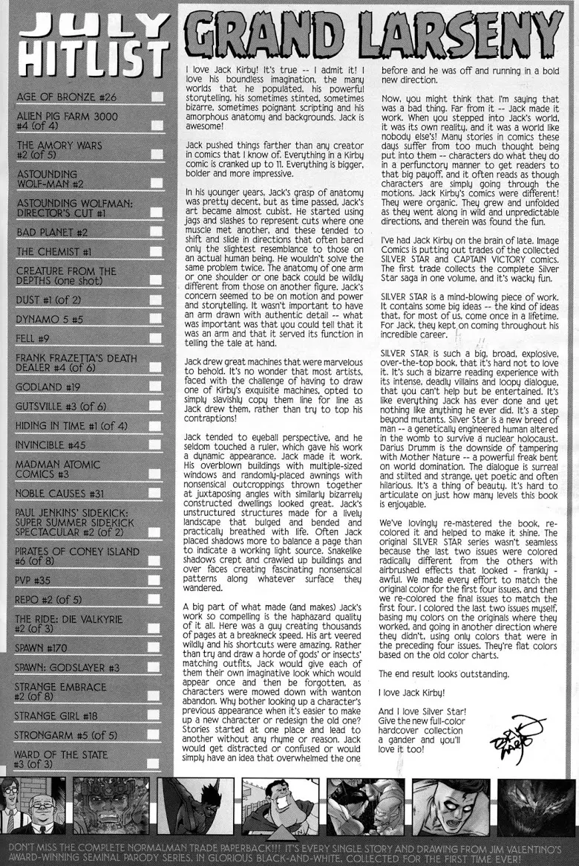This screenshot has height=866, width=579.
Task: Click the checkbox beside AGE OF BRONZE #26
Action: point(157,97)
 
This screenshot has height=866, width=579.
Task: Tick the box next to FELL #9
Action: point(157,341)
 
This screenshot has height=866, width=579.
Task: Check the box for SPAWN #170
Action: point(157,647)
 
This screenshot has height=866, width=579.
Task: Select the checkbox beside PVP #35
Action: point(157,580)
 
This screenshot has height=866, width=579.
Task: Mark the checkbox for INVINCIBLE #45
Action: point(157,446)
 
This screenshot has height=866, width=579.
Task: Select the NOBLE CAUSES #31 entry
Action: point(60,494)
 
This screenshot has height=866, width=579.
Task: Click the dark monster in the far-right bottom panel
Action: point(546,807)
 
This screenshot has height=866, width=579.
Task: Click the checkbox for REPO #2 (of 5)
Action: point(157,601)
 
